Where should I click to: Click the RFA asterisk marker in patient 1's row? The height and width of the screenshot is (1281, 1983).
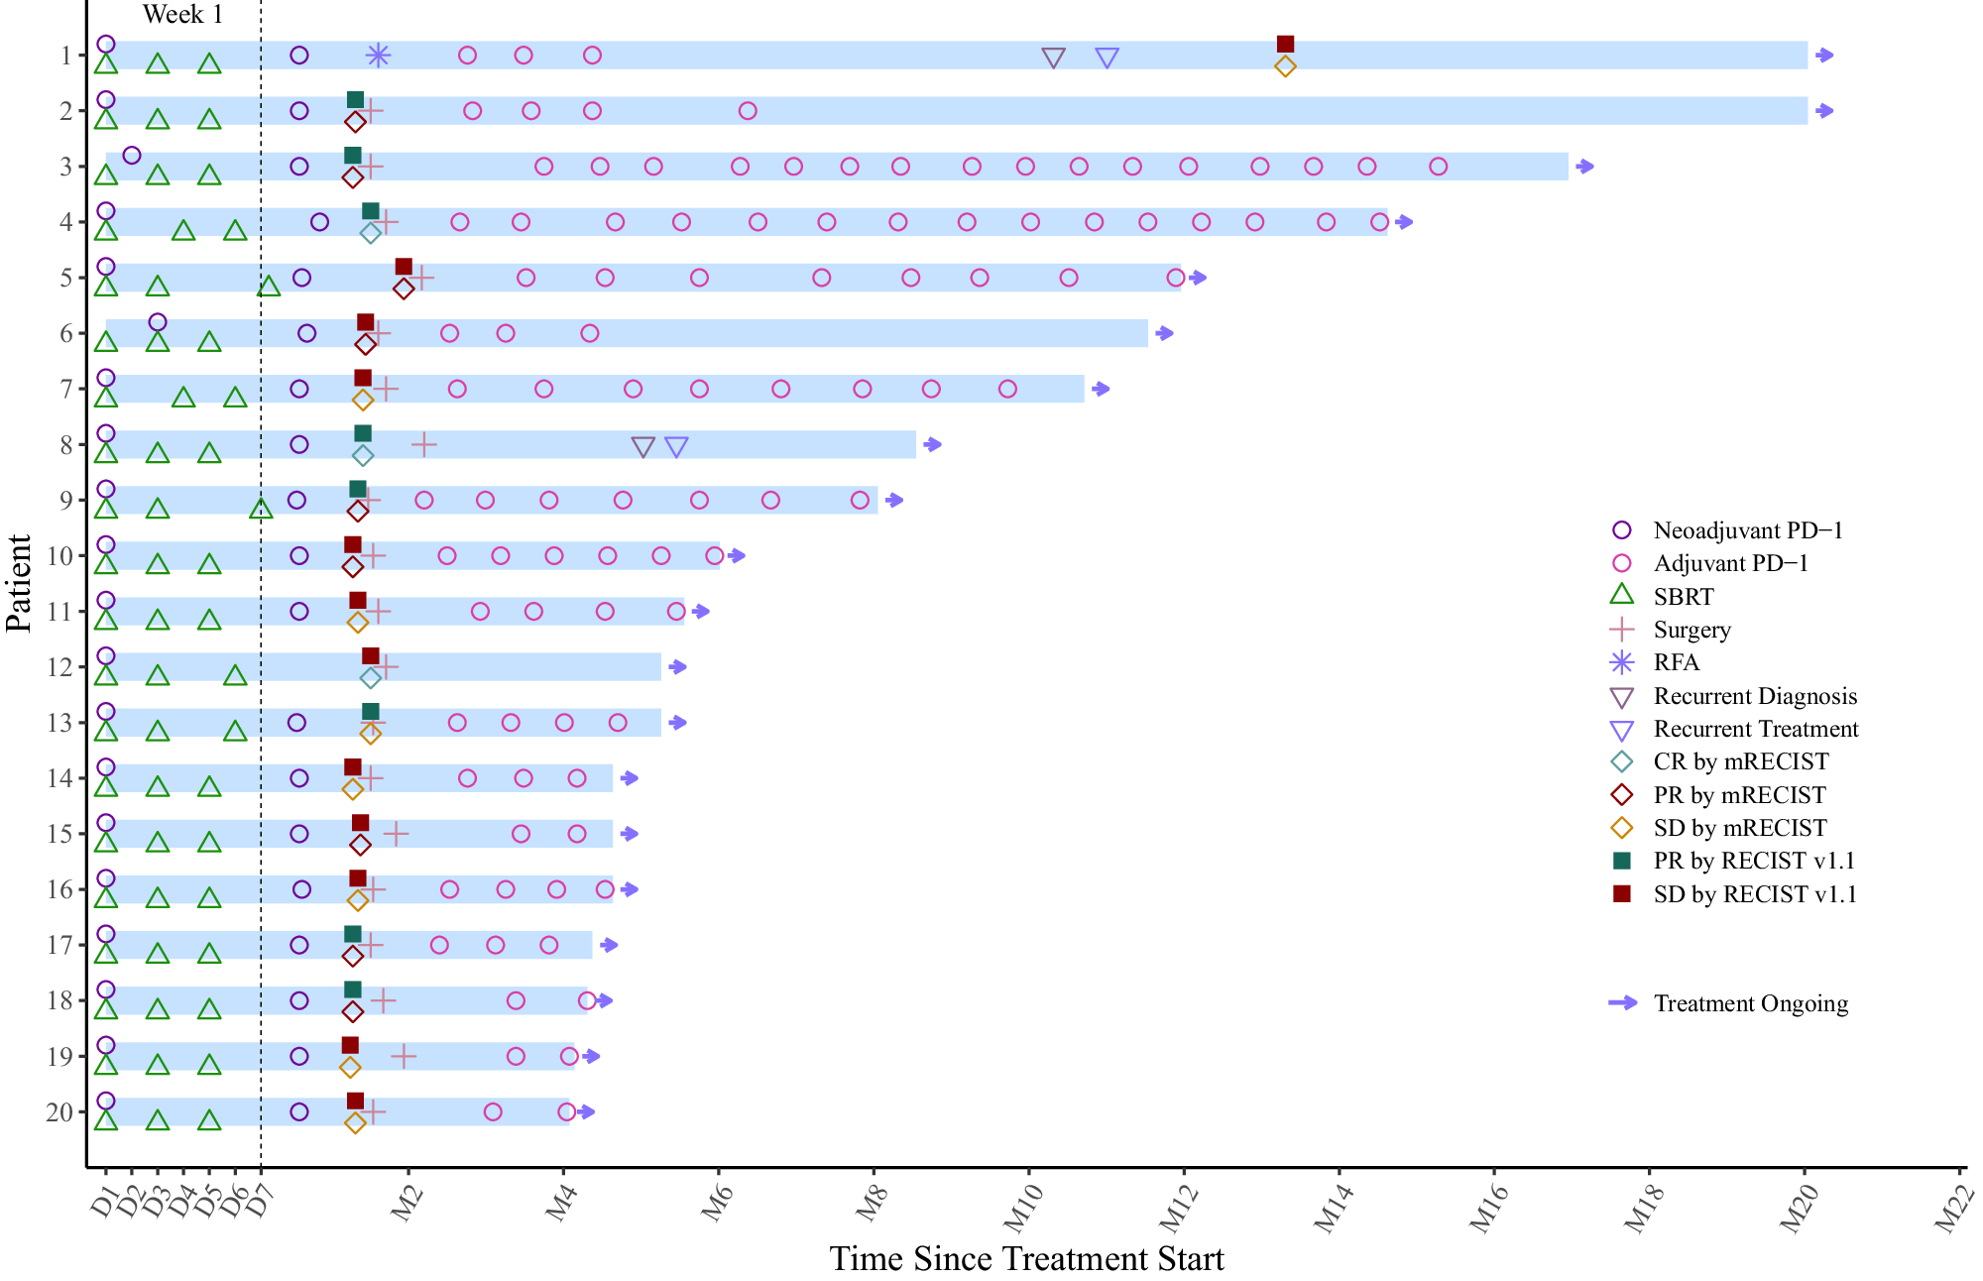pos(378,56)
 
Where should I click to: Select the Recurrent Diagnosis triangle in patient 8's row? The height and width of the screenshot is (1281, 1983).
pos(642,447)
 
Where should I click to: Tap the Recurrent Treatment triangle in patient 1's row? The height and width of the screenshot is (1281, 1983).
pos(1108,58)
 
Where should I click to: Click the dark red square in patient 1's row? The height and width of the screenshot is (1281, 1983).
pos(1285,44)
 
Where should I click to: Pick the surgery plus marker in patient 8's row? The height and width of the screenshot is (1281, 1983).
pos(423,444)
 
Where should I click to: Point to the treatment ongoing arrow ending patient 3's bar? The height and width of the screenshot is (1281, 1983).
pos(1584,167)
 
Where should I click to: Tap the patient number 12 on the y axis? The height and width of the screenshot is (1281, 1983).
pos(60,667)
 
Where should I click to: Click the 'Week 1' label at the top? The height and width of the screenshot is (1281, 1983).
pos(182,15)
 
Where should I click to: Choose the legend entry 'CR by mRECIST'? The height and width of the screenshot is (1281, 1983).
pos(1740,761)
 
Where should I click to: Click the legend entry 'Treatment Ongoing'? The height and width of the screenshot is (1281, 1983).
pos(1750,1003)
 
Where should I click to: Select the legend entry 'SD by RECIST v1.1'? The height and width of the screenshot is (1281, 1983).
pos(1754,894)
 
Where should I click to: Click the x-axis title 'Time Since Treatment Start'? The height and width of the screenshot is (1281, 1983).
pos(1026,1259)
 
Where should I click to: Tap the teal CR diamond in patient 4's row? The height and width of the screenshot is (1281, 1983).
pos(371,234)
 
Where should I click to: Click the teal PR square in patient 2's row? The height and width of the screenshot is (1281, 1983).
pos(355,99)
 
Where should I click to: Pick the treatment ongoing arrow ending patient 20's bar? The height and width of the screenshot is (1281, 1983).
pos(585,1112)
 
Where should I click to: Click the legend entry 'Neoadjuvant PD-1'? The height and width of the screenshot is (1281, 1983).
pos(1747,530)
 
